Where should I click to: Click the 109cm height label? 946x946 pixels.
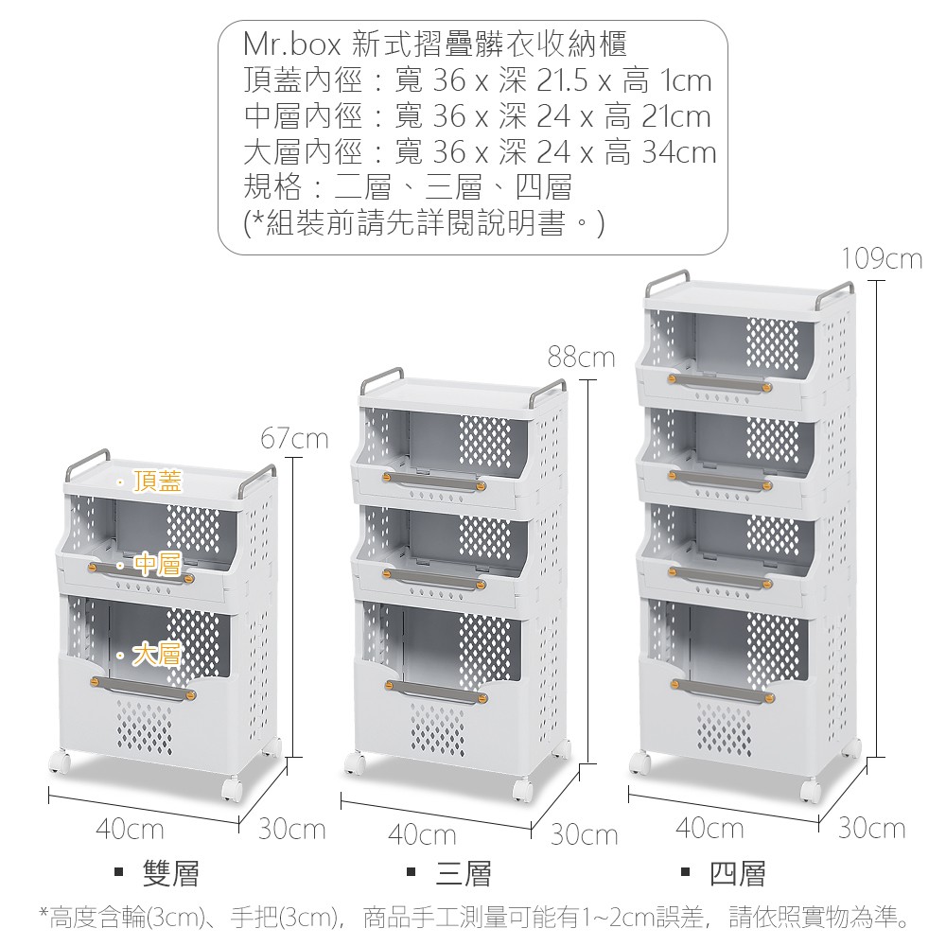[882, 258]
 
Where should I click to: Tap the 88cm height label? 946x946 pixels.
[581, 358]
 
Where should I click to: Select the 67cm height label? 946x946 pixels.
[294, 439]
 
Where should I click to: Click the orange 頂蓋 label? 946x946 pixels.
[157, 482]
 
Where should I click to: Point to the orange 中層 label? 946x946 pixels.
[157, 565]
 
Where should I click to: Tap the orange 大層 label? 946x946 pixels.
[157, 653]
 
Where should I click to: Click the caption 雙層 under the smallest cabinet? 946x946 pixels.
[170, 873]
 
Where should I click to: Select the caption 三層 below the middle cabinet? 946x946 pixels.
[463, 873]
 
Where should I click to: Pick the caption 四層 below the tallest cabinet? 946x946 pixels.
[737, 873]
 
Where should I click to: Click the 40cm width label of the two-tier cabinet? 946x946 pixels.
[130, 831]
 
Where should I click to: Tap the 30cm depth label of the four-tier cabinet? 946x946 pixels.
[871, 829]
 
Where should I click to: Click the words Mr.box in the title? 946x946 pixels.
[291, 44]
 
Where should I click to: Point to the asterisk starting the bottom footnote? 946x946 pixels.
[43, 914]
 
